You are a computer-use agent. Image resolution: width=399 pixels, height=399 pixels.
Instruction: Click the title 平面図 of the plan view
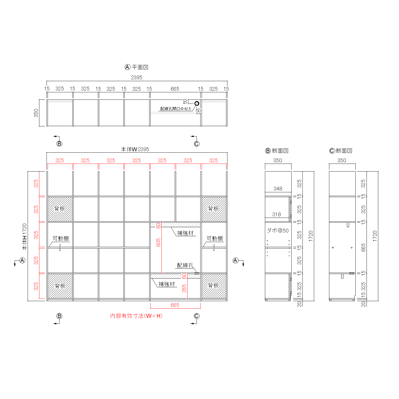tap(140, 67)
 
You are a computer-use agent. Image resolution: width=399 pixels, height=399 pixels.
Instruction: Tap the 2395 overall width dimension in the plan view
tap(136, 77)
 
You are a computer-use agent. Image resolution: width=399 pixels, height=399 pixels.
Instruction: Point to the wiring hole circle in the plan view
tap(197, 103)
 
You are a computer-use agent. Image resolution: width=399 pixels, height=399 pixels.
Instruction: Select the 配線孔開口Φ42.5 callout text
tap(176, 109)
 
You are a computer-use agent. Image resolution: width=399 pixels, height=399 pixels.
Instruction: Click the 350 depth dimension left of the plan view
tap(36, 113)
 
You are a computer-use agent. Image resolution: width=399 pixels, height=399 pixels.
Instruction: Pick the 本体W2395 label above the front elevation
tap(135, 149)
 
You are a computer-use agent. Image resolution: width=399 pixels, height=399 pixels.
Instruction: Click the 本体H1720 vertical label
tap(24, 237)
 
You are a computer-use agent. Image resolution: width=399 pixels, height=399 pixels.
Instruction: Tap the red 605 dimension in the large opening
tap(159, 242)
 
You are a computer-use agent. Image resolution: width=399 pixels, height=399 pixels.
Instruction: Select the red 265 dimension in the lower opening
tap(184, 288)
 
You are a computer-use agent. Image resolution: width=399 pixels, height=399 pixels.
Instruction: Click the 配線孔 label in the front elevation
tap(185, 265)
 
